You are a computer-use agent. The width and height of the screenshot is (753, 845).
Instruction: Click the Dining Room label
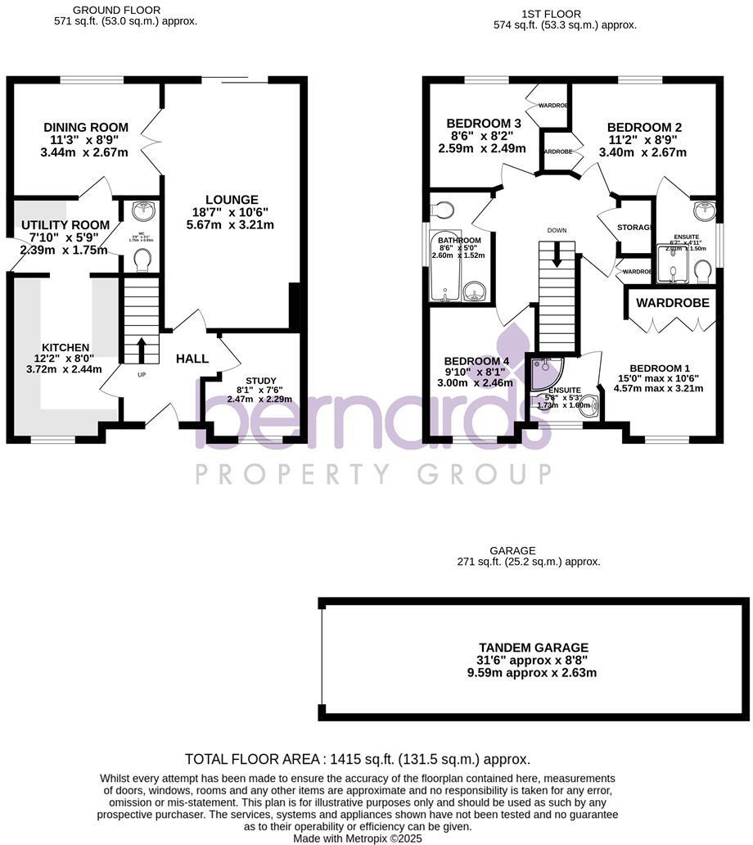pos(86,127)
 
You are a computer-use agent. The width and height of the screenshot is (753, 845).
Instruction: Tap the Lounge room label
pos(232,200)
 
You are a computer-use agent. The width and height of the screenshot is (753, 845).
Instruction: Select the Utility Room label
pos(65,225)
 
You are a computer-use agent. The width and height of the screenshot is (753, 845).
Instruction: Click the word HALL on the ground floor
pos(192,358)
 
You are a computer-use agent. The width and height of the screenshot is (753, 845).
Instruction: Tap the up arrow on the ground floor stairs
pos(141,350)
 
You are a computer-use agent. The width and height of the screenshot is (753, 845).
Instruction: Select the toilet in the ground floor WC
pos(142,260)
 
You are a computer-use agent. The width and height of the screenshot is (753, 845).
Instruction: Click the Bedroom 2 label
pos(644,128)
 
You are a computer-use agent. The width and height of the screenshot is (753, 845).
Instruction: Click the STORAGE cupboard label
pos(634,227)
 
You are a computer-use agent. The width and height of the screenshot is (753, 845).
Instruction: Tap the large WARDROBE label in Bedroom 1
pos(673,303)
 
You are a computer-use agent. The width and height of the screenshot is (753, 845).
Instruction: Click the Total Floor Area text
pos(357,759)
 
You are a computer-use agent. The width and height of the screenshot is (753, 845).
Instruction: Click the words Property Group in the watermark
pos(372,474)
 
